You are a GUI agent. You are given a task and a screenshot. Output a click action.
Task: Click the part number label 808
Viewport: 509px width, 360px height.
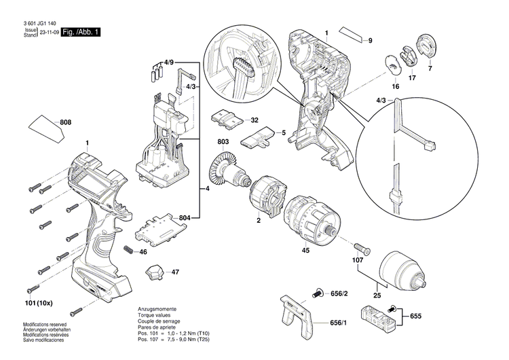(66, 123)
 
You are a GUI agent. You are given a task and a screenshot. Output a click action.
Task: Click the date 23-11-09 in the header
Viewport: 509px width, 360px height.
(48, 32)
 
